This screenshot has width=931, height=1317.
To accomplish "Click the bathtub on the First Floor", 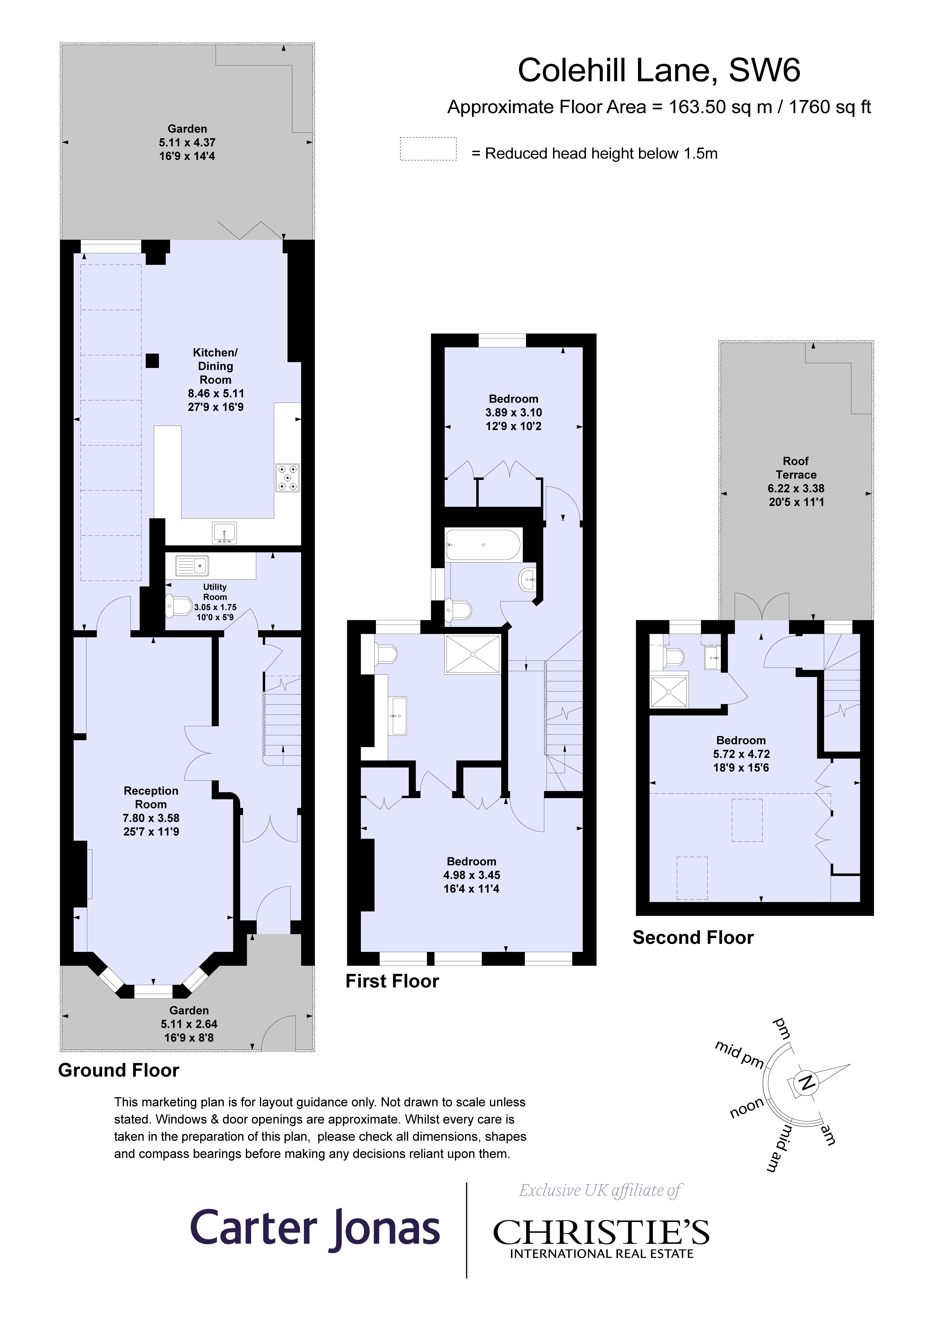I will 483,544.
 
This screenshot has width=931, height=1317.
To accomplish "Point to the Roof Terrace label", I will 795,467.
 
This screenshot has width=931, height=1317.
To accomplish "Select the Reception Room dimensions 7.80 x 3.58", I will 151,818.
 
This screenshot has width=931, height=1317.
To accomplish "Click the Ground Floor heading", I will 119,1070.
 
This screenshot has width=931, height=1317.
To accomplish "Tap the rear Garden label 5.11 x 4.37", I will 187,142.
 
